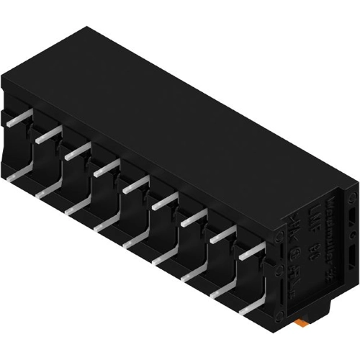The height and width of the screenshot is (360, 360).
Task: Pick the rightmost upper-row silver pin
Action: coord(253,252)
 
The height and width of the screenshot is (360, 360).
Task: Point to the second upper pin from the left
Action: coord(48,134)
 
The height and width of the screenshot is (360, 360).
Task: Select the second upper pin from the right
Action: coord(224,235)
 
